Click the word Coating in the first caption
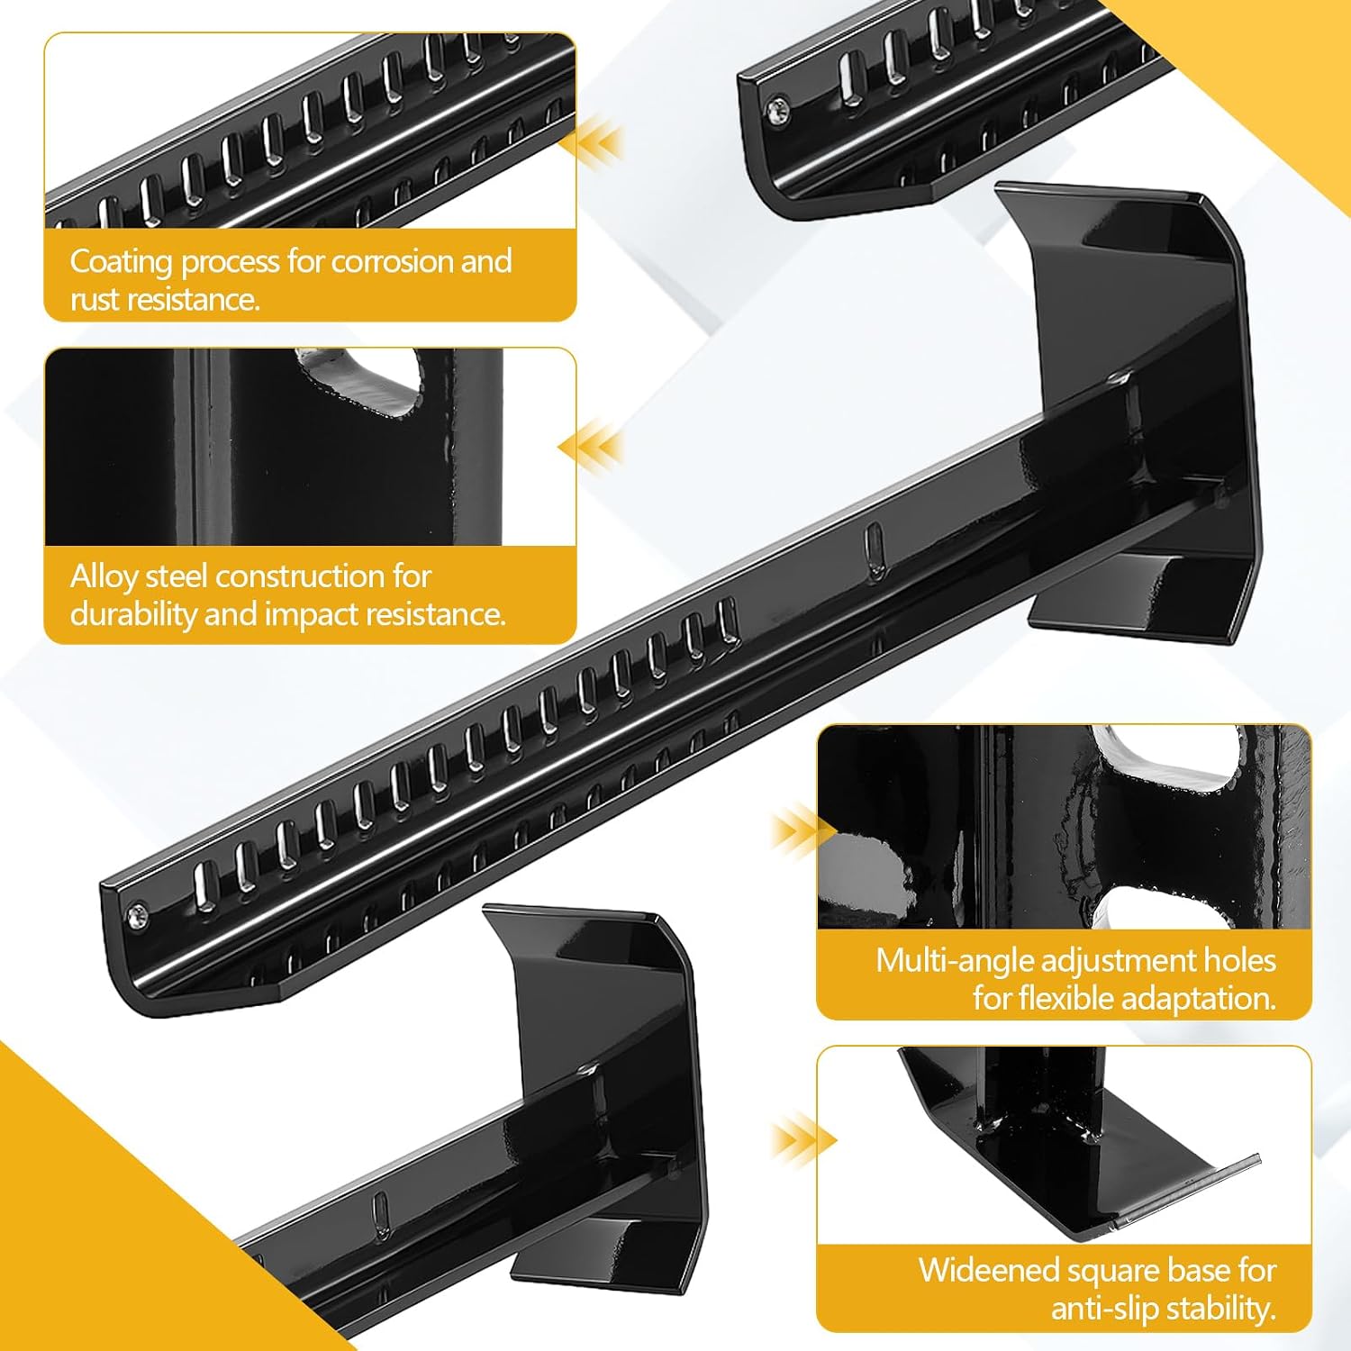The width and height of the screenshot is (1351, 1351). click(x=122, y=261)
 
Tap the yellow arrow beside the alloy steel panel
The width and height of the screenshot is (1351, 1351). click(x=590, y=447)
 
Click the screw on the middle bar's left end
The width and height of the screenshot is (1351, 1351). click(x=136, y=916)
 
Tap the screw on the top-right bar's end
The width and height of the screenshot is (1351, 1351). click(x=777, y=112)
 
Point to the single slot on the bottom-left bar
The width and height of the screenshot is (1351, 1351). click(x=380, y=1212)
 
